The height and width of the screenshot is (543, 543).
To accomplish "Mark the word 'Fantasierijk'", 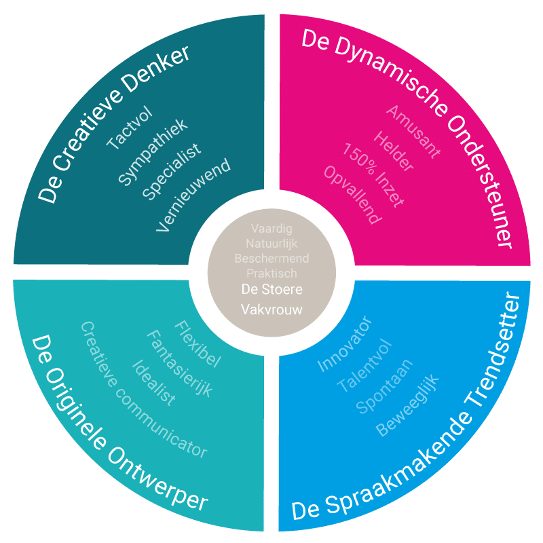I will [x=180, y=364].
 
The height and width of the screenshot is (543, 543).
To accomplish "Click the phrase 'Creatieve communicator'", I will [x=143, y=390].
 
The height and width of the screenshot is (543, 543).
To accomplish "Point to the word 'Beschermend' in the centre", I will [x=271, y=259].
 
